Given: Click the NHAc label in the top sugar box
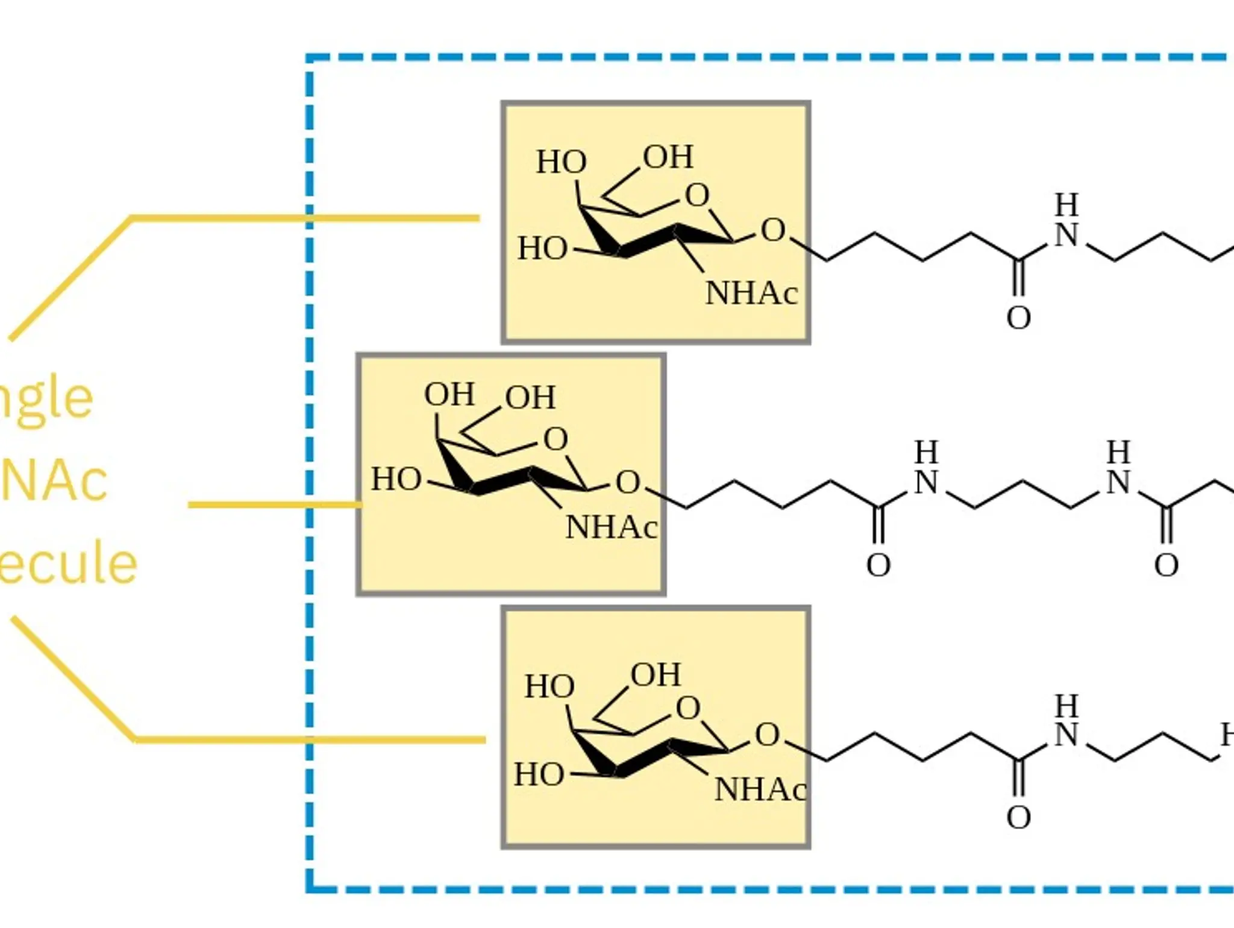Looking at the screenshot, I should (751, 294).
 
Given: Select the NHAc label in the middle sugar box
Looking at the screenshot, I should (611, 528).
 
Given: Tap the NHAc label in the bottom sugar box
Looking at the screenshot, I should (760, 789).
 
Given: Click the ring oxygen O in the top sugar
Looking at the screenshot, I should (697, 195).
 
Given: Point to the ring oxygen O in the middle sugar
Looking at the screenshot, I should (556, 439).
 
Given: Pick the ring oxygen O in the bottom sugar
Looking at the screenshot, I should (687, 709).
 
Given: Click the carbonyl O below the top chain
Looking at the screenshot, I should (1018, 318).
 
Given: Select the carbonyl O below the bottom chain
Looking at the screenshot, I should (1018, 818).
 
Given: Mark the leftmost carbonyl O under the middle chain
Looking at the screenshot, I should (878, 565).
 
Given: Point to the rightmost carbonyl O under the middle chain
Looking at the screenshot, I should (1166, 565).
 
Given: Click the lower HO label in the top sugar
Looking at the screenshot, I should (542, 248).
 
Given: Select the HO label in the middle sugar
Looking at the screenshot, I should (396, 480).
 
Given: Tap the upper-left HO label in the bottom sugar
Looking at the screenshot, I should (549, 686).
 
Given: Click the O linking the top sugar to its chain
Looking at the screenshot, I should (773, 230).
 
